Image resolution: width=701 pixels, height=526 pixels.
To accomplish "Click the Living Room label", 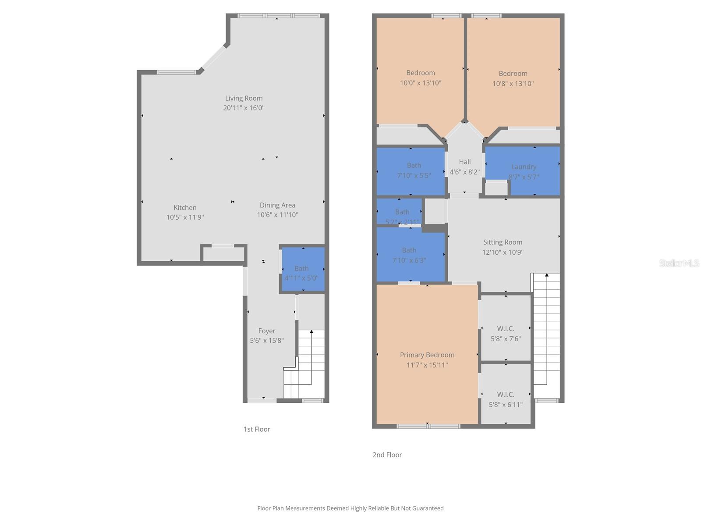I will click(x=244, y=98).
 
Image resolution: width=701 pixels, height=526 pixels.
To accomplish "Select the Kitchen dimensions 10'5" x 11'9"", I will click(x=185, y=217).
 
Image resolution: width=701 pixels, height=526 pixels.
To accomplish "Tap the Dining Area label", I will click(x=277, y=205).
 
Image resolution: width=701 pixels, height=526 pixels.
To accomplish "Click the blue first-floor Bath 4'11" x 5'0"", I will click(x=302, y=270).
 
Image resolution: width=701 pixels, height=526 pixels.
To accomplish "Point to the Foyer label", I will click(x=267, y=331).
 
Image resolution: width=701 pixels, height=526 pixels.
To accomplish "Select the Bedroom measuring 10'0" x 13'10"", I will click(x=420, y=78).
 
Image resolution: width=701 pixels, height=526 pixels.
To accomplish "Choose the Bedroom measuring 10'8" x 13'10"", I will click(x=513, y=78).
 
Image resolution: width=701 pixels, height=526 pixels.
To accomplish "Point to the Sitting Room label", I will click(x=503, y=242).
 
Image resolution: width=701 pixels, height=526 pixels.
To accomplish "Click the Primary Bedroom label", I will click(x=427, y=355).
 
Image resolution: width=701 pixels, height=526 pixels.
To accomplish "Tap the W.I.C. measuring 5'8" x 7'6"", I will click(x=506, y=333).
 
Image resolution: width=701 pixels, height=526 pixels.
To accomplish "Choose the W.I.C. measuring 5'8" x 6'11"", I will click(x=506, y=399).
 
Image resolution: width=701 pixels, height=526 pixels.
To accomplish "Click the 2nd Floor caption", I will click(x=387, y=455).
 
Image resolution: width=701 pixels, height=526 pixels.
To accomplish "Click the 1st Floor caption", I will click(x=257, y=429).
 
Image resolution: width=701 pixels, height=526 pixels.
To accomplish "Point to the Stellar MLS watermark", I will click(x=679, y=263).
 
